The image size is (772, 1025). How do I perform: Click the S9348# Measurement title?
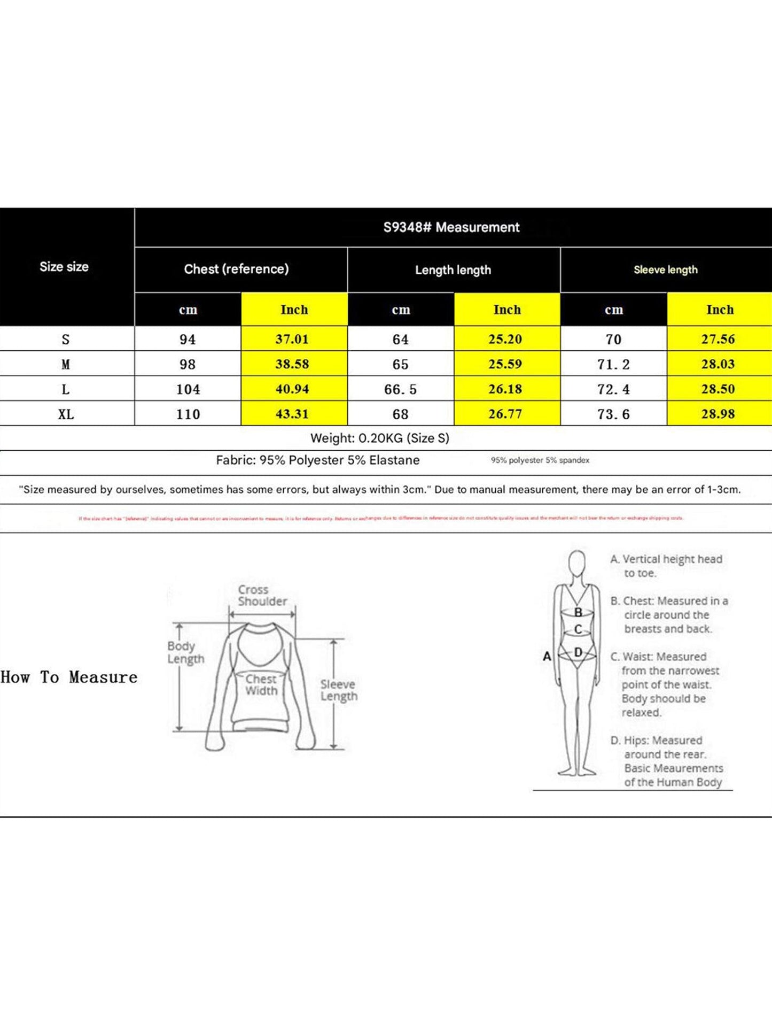point(451,227)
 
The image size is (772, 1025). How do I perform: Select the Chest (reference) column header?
point(236,269)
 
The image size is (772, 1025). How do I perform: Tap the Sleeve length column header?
point(665,270)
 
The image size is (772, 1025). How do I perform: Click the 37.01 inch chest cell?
point(292,339)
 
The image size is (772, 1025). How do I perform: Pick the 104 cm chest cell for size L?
point(188,389)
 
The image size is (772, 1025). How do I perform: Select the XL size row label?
point(66,414)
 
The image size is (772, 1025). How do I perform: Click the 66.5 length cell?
point(400,389)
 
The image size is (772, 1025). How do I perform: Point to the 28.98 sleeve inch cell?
point(718,414)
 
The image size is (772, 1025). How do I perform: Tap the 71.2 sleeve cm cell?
point(613,364)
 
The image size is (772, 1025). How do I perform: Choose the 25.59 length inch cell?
point(505,364)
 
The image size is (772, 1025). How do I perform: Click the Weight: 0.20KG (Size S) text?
point(379,438)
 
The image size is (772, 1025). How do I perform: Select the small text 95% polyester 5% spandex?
point(540,460)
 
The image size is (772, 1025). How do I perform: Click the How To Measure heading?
point(69,677)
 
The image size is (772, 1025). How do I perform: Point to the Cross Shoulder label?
point(262,595)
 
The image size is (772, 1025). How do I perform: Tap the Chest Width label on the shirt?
point(261,685)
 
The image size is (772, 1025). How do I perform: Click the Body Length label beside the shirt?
point(185,652)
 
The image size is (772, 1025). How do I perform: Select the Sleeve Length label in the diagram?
point(338,690)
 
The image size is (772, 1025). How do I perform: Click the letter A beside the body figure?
point(547,656)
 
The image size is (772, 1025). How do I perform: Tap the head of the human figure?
point(576,564)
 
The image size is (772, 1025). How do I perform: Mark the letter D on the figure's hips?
point(578,652)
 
